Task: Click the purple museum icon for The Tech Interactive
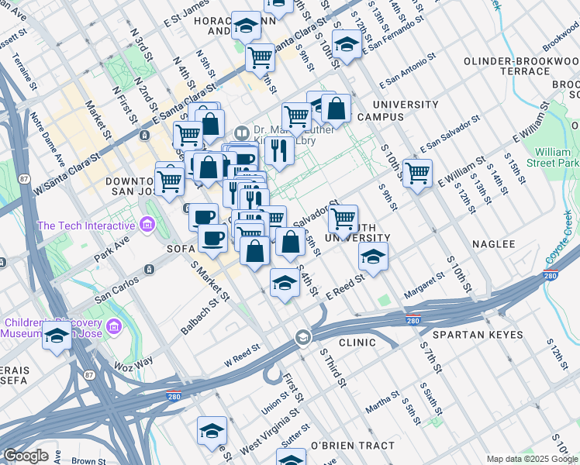tap(148, 226)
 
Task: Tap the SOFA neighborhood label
tap(181, 250)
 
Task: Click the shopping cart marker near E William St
tap(417, 174)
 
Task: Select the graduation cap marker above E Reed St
tap(373, 257)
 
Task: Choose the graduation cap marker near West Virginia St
tap(212, 431)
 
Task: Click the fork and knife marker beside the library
tap(279, 150)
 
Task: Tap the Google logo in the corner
tap(26, 456)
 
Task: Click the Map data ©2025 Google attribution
tap(531, 459)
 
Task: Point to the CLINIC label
tap(357, 343)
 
